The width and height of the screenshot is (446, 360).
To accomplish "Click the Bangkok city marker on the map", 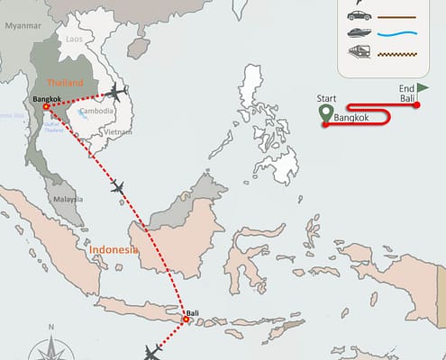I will tap(46, 107).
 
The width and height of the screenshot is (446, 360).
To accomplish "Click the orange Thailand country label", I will tap(65, 83).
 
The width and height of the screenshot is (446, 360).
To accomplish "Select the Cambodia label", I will tap(96, 112).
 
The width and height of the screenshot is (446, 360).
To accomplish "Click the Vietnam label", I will tap(111, 131).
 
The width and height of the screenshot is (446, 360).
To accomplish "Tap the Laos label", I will tap(75, 40).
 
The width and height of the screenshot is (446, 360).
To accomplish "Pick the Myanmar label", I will tap(23, 27).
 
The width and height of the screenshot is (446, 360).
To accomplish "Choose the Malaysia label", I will tap(67, 198).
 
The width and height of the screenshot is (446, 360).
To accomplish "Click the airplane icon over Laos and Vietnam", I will tap(115, 92).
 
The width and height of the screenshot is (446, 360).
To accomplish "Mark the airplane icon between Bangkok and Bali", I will tap(117, 187).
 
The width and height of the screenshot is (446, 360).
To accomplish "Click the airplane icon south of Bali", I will tap(151, 351).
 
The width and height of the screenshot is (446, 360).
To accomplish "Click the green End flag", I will tap(422, 87).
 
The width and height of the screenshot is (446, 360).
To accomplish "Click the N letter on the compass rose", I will tap(52, 327).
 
